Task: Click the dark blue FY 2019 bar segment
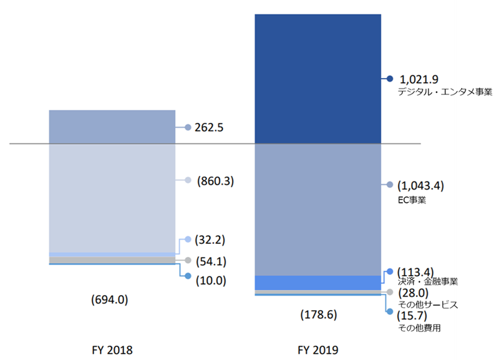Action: click(317, 79)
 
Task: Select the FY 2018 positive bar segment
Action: click(112, 127)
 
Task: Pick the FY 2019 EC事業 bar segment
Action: click(317, 209)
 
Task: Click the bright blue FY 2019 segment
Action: click(317, 283)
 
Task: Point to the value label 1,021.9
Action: click(419, 79)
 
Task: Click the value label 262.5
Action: click(209, 127)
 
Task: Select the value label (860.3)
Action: click(215, 181)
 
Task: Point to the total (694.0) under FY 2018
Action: click(109, 299)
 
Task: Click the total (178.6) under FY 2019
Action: click(318, 314)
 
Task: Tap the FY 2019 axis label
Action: click(318, 349)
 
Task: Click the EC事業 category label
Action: click(412, 201)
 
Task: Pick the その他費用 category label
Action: click(419, 327)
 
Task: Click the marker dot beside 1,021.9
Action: click(390, 79)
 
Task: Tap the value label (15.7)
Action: click(415, 316)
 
